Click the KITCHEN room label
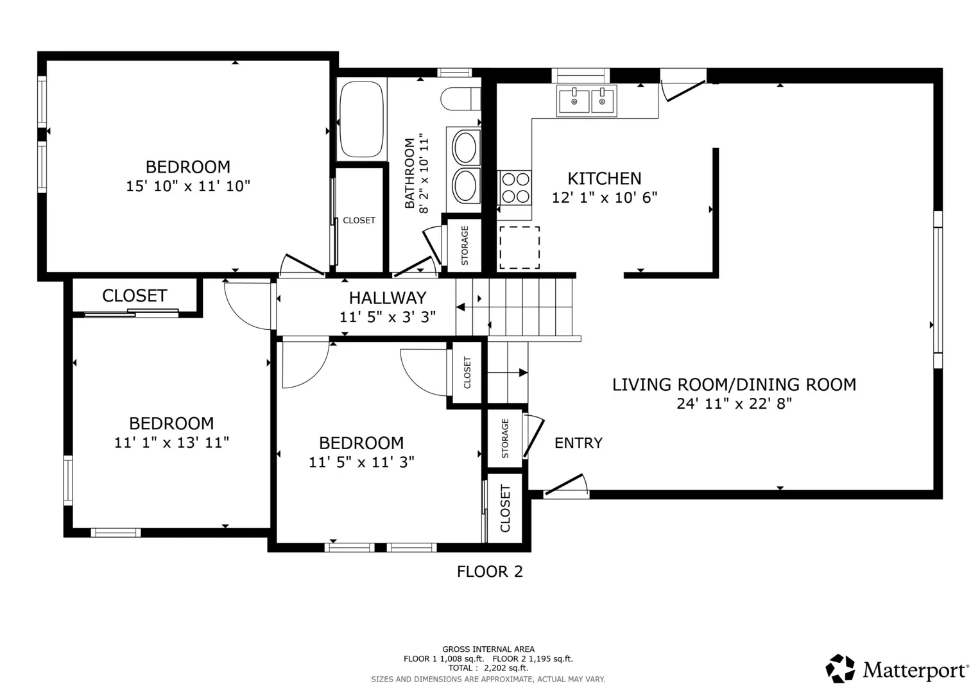[604, 178]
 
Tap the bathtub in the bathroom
[361, 119]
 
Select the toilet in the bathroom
[460, 99]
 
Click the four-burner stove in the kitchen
[515, 187]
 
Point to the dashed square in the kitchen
[519, 248]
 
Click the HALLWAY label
[388, 298]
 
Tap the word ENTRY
[578, 443]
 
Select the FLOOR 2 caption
[490, 571]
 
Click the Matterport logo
[897, 668]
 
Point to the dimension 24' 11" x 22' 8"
[734, 404]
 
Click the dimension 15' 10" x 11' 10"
[188, 186]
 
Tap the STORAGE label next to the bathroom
[465, 245]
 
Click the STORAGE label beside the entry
[505, 438]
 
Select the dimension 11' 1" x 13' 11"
[171, 442]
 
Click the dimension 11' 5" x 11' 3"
[361, 462]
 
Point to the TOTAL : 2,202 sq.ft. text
[488, 668]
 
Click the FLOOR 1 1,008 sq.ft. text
[443, 659]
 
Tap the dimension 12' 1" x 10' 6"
[604, 198]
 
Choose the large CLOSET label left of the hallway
[135, 296]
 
